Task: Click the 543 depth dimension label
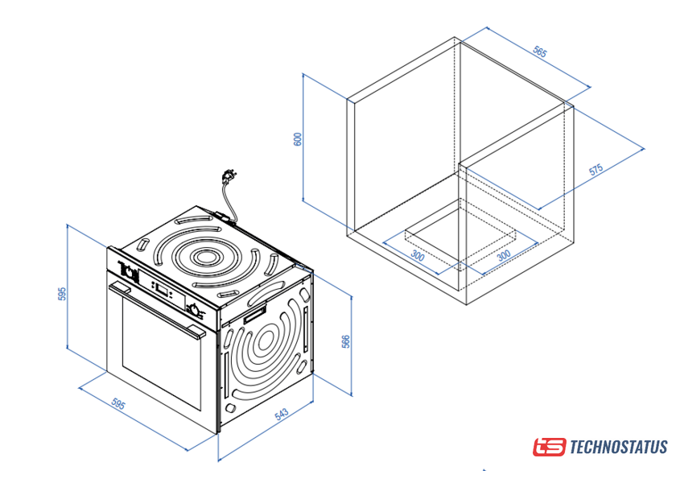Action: coord(281,415)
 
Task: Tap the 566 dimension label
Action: coord(346,341)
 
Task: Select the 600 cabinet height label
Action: coord(298,139)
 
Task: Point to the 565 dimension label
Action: coord(539,52)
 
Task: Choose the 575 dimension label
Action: coord(596,169)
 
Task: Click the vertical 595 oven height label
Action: coord(62,294)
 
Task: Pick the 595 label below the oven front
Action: coord(117,404)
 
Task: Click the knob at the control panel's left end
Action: coord(129,271)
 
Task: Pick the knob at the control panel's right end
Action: coord(195,310)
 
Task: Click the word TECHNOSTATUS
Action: coord(619,447)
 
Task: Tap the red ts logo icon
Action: coord(549,447)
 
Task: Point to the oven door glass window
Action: coord(161,353)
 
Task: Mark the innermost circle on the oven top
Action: coord(205,258)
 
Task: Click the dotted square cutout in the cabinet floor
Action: coord(460,235)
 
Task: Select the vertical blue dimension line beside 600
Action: coord(303,137)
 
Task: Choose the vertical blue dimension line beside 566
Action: coord(352,345)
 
